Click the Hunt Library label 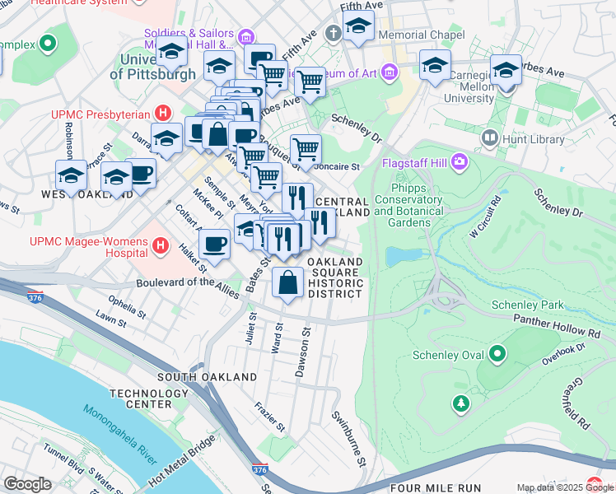(x=527, y=140)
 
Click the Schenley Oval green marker (x=497, y=355)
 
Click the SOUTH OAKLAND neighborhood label (x=196, y=377)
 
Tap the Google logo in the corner (x=28, y=483)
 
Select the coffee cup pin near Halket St (x=213, y=245)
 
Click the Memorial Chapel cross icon (x=334, y=35)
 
